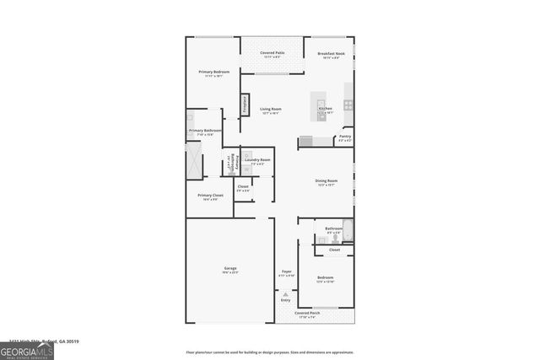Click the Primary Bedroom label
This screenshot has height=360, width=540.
213,73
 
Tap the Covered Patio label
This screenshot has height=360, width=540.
272,53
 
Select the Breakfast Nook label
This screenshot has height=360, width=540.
328,53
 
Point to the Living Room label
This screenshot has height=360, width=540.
270,109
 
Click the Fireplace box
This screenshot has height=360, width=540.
246,104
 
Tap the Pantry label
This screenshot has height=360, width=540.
345,137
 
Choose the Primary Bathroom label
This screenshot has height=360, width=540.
205,131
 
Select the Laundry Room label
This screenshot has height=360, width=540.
257,160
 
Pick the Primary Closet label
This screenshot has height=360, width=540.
206,196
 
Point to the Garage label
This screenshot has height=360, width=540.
229,269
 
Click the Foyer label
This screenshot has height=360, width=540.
286,271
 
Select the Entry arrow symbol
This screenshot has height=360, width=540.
285,293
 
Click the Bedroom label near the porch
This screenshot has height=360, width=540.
325,277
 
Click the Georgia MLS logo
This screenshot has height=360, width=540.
27,349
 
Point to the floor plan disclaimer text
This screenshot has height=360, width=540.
270,352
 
